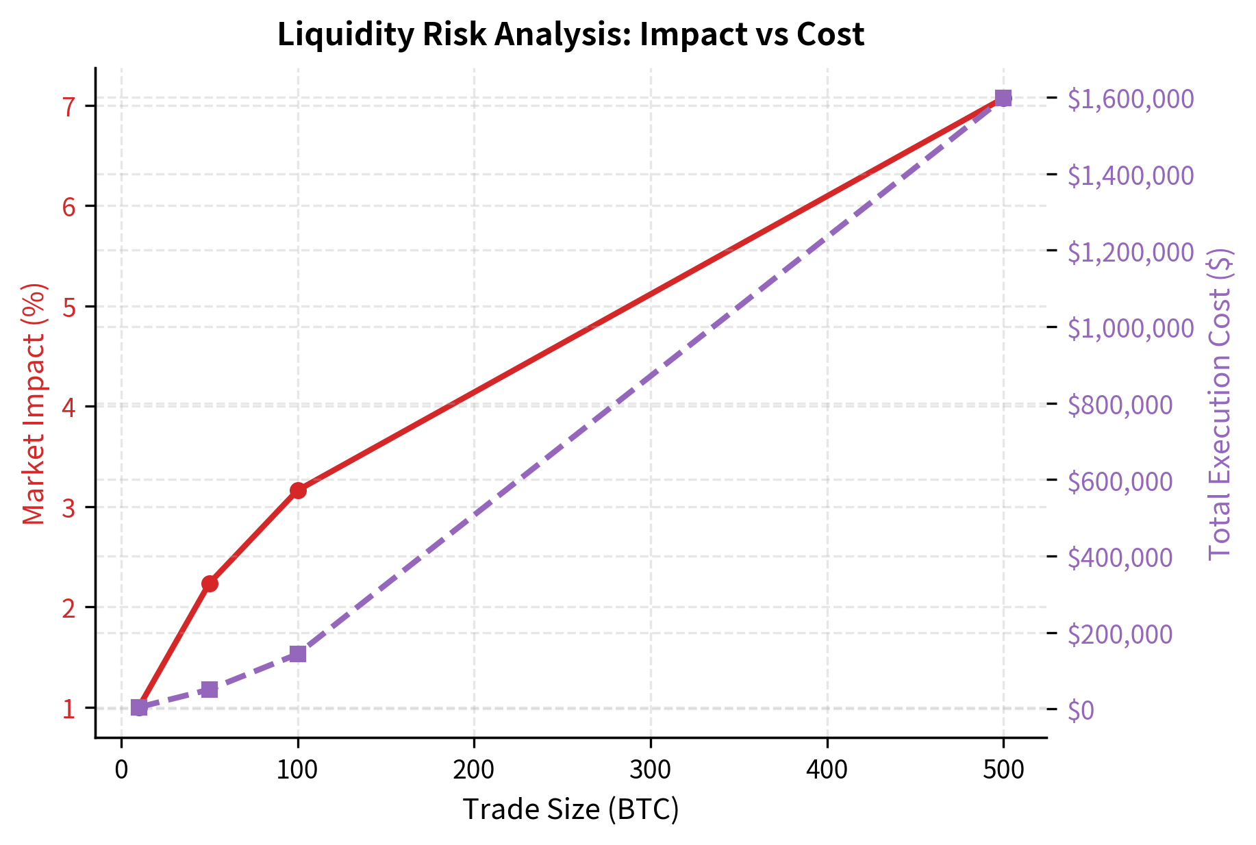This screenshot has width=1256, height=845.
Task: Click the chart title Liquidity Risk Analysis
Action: tap(570, 34)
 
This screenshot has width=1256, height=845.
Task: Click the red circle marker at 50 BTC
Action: tap(210, 583)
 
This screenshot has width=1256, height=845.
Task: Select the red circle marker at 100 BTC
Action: tap(298, 490)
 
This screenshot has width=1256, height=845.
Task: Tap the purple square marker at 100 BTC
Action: tap(298, 654)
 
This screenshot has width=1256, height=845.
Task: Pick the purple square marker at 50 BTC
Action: tap(210, 690)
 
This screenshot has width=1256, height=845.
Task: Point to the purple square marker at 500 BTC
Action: tap(1003, 98)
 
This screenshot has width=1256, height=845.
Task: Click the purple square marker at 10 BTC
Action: tap(139, 707)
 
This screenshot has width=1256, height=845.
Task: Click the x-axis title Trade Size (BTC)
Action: tap(570, 809)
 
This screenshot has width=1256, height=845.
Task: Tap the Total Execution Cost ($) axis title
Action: tap(1220, 404)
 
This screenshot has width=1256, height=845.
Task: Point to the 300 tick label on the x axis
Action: tap(651, 770)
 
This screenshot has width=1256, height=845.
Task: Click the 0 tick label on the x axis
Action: tap(121, 770)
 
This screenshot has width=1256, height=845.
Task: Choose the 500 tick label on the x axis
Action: tap(1003, 770)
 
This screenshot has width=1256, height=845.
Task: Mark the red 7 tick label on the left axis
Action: tap(69, 106)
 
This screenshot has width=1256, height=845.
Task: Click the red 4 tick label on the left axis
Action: tap(69, 407)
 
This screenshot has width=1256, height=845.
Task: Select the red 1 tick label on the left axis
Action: tap(69, 709)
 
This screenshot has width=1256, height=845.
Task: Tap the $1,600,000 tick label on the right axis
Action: tap(1131, 99)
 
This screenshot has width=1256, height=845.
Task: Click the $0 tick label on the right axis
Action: tap(1081, 711)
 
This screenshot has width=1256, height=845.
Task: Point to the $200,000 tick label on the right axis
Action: tap(1120, 635)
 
